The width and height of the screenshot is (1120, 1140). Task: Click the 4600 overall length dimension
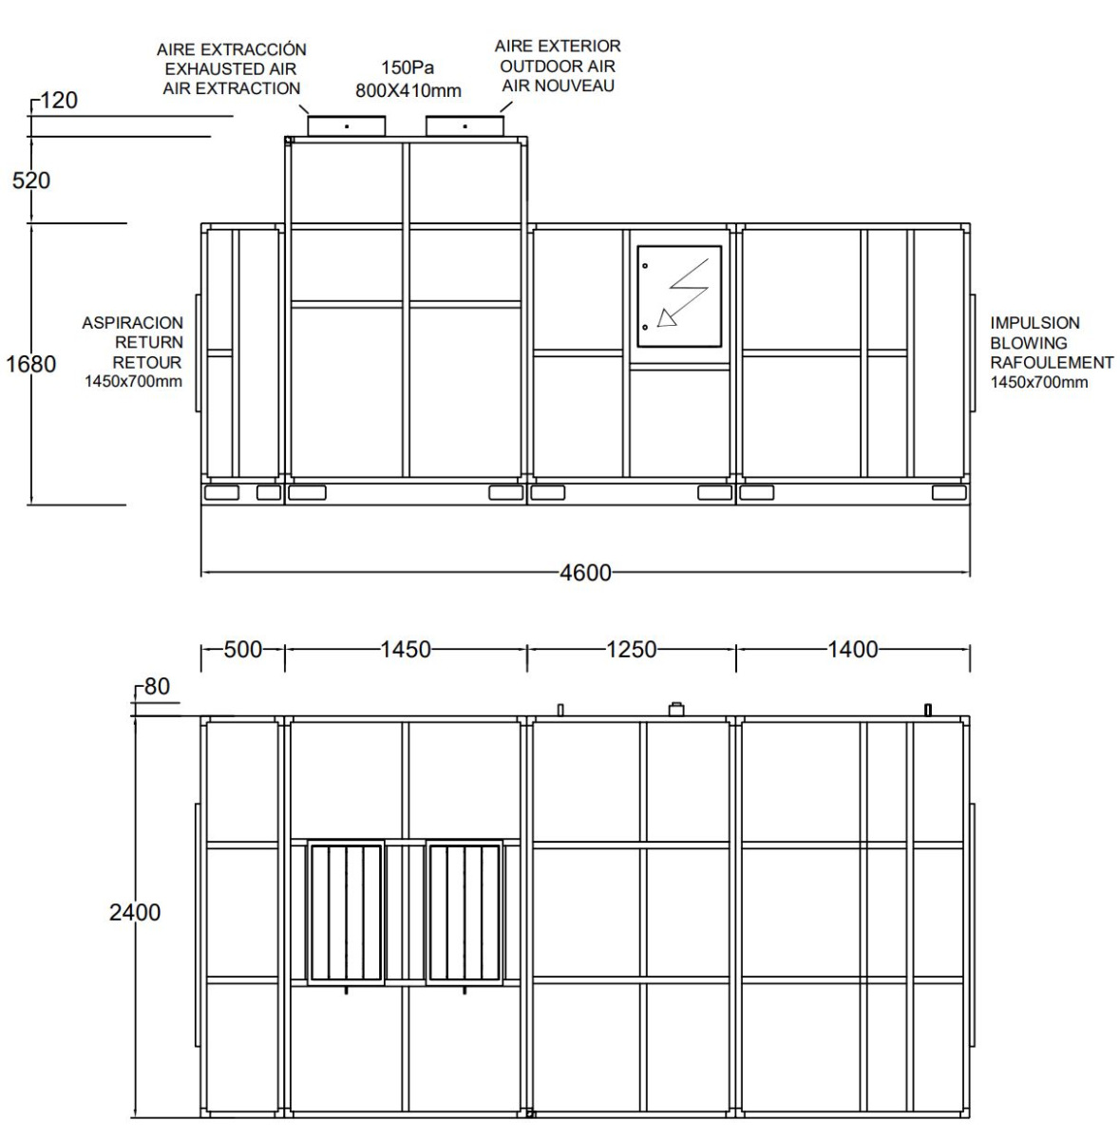[x=585, y=574]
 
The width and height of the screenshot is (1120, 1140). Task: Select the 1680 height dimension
[x=31, y=364]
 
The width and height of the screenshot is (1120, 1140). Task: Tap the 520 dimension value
[x=31, y=180]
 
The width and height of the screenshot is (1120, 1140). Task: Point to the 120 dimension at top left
[x=59, y=101]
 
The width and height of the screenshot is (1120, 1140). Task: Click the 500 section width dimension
[x=242, y=650]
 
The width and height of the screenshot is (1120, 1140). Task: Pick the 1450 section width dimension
[x=406, y=650]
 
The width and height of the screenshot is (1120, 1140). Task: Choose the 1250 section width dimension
[x=632, y=650]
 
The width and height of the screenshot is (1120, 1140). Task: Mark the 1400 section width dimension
[x=852, y=650]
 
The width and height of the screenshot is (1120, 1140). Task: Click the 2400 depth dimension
[x=135, y=912]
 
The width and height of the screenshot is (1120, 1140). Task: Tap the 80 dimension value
[x=157, y=686]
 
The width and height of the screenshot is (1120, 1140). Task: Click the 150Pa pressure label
[x=408, y=69]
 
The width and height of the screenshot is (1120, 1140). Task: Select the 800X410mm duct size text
[x=408, y=91]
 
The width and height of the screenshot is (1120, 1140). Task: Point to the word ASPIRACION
[x=132, y=323]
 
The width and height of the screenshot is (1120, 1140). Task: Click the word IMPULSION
[x=1035, y=323]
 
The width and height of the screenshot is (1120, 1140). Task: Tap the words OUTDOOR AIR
[x=558, y=66]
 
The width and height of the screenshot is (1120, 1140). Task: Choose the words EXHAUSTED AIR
[x=231, y=68]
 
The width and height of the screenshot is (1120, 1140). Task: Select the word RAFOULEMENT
[x=1052, y=362]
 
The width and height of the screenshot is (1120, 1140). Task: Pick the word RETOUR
[x=147, y=362]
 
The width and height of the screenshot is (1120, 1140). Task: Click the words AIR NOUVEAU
[x=558, y=85]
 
